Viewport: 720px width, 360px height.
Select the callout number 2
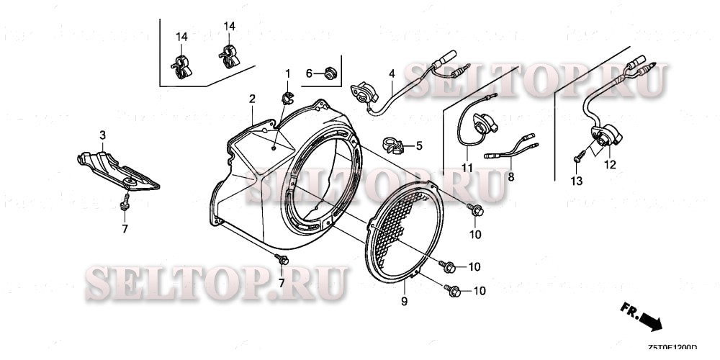tap(252, 98)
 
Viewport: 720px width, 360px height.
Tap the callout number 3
tap(102, 135)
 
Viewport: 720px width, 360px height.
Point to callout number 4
tap(392, 73)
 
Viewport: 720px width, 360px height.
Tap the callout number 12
tap(611, 165)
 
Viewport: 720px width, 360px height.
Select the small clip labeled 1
tap(287, 96)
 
